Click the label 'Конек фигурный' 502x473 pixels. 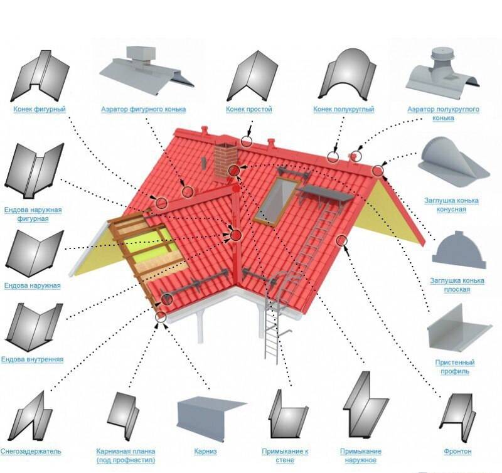pos(40,109)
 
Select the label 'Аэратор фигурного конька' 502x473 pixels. pos(143,109)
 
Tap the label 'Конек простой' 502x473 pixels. pos(248,109)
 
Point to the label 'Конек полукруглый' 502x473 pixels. pos(343,109)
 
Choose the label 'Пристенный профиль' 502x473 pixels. pos(454,367)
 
